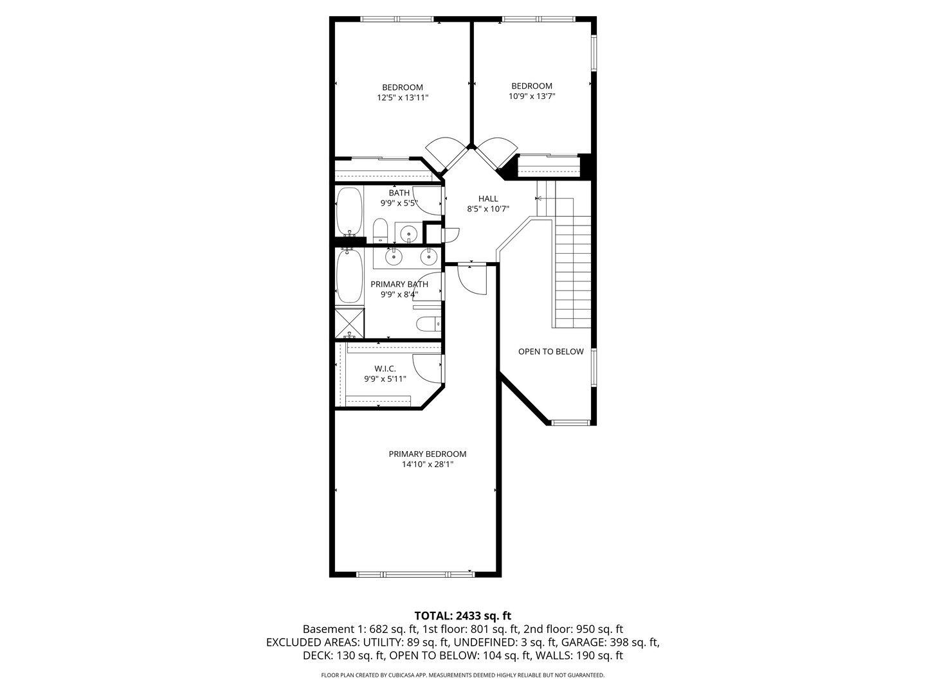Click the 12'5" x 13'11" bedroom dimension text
tap(403, 98)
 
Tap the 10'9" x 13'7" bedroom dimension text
tap(532, 96)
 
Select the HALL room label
tap(488, 199)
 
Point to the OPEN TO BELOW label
tap(550, 351)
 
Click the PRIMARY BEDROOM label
tap(428, 454)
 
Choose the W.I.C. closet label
tap(385, 369)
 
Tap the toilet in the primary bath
tap(428, 324)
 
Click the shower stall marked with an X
tap(349, 323)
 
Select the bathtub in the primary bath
tap(350, 276)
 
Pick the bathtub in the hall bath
tap(349, 211)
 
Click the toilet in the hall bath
tap(380, 231)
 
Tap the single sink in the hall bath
tap(408, 233)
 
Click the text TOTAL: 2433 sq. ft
tap(463, 616)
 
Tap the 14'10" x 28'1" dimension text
tap(428, 465)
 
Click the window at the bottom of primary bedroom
tap(415, 574)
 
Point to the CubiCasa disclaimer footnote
tap(463, 675)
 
